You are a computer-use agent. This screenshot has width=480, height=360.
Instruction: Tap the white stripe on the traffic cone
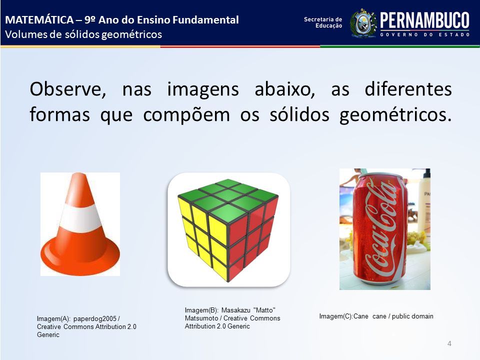pos(80,218)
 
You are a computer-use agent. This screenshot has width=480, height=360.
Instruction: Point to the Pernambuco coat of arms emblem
pos(363,23)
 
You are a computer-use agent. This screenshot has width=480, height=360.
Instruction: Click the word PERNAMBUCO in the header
pos(424,20)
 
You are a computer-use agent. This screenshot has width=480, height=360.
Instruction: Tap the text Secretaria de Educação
pos(323,22)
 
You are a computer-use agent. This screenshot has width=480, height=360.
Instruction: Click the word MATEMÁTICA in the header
pos(39,19)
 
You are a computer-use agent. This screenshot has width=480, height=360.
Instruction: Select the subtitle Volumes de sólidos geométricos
pos(83,34)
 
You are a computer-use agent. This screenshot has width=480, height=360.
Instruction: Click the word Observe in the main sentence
pos(68,89)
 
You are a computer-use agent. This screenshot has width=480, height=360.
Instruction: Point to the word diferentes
pos(408,89)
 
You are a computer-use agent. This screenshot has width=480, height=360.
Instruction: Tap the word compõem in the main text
pos(186,115)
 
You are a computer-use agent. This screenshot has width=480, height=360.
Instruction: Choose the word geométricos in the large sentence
pos(395,115)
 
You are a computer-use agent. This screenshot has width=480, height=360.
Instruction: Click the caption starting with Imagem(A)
pos(86,326)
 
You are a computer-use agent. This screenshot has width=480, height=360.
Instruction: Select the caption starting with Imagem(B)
pos(232,318)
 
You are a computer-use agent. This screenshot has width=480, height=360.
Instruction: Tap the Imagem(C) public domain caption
pos(376,316)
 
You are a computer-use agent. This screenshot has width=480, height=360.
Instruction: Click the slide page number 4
pos(449,343)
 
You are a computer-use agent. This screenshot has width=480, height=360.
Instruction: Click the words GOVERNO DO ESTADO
pos(425,34)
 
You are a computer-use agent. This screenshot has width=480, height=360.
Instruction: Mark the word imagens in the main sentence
pos(203,90)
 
